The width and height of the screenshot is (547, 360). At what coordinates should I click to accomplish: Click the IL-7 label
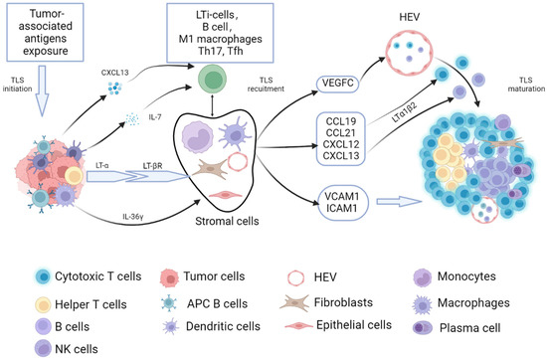[142, 115]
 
